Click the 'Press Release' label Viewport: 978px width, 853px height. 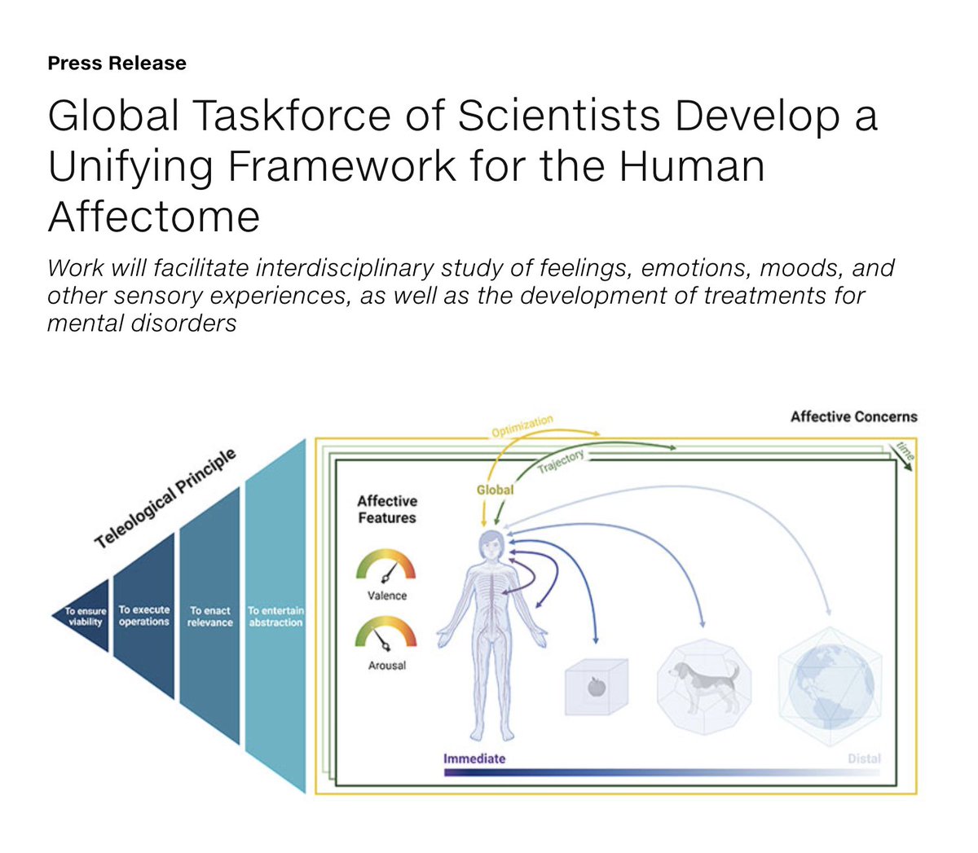point(117,64)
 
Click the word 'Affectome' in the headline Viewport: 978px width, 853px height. point(154,217)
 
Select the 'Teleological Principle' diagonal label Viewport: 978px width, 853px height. point(165,498)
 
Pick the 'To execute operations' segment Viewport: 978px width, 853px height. point(144,616)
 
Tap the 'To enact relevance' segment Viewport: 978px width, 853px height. point(209,616)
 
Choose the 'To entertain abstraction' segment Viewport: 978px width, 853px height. point(275,616)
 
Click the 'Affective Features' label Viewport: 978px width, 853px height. point(387,509)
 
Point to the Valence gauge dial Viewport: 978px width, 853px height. point(386,567)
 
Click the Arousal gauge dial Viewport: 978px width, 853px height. point(386,635)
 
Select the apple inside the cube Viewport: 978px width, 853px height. point(597,687)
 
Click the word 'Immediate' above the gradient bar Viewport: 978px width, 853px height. point(474,758)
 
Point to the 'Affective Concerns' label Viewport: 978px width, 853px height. point(853,416)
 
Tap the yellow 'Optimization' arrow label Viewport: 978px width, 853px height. point(522,426)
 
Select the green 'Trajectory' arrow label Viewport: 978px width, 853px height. point(561,461)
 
